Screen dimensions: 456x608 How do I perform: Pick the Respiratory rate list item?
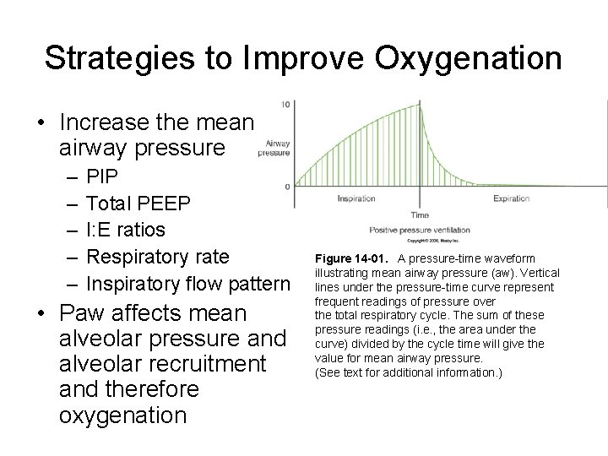click(x=158, y=255)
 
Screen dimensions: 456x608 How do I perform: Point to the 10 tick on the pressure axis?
click(x=287, y=104)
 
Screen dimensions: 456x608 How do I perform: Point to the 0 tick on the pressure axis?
click(x=289, y=186)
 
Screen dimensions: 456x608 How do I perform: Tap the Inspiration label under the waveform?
click(x=356, y=200)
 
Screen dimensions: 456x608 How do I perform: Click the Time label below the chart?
click(x=419, y=215)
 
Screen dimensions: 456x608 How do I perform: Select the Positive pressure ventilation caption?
click(x=419, y=230)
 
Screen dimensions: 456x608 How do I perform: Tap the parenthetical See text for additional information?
click(x=408, y=372)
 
